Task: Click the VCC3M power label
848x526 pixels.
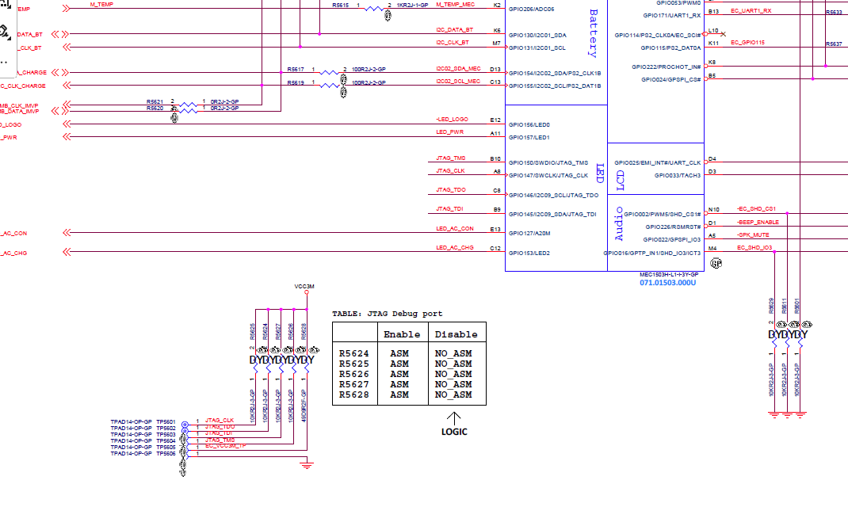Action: pos(304,286)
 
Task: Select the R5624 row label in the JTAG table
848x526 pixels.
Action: pos(353,354)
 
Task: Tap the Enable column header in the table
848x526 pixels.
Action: pos(402,334)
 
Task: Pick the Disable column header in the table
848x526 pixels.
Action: pos(456,334)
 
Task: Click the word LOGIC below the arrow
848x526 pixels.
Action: pos(454,432)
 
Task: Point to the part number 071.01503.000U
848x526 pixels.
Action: pos(667,283)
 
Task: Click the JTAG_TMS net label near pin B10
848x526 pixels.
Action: pos(451,158)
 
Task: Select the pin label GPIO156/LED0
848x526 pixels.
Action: pos(529,124)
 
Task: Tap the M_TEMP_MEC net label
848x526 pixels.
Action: pos(455,6)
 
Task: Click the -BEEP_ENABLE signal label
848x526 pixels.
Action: pos(758,223)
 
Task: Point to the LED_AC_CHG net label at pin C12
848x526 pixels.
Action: pos(455,248)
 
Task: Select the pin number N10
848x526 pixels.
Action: pos(714,210)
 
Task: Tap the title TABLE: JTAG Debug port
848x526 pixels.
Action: pos(387,314)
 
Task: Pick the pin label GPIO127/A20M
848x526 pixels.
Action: pos(530,234)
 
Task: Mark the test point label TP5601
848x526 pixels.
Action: pos(166,421)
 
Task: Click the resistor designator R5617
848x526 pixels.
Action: pos(296,70)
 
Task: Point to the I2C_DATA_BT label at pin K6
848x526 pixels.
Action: pos(454,30)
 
